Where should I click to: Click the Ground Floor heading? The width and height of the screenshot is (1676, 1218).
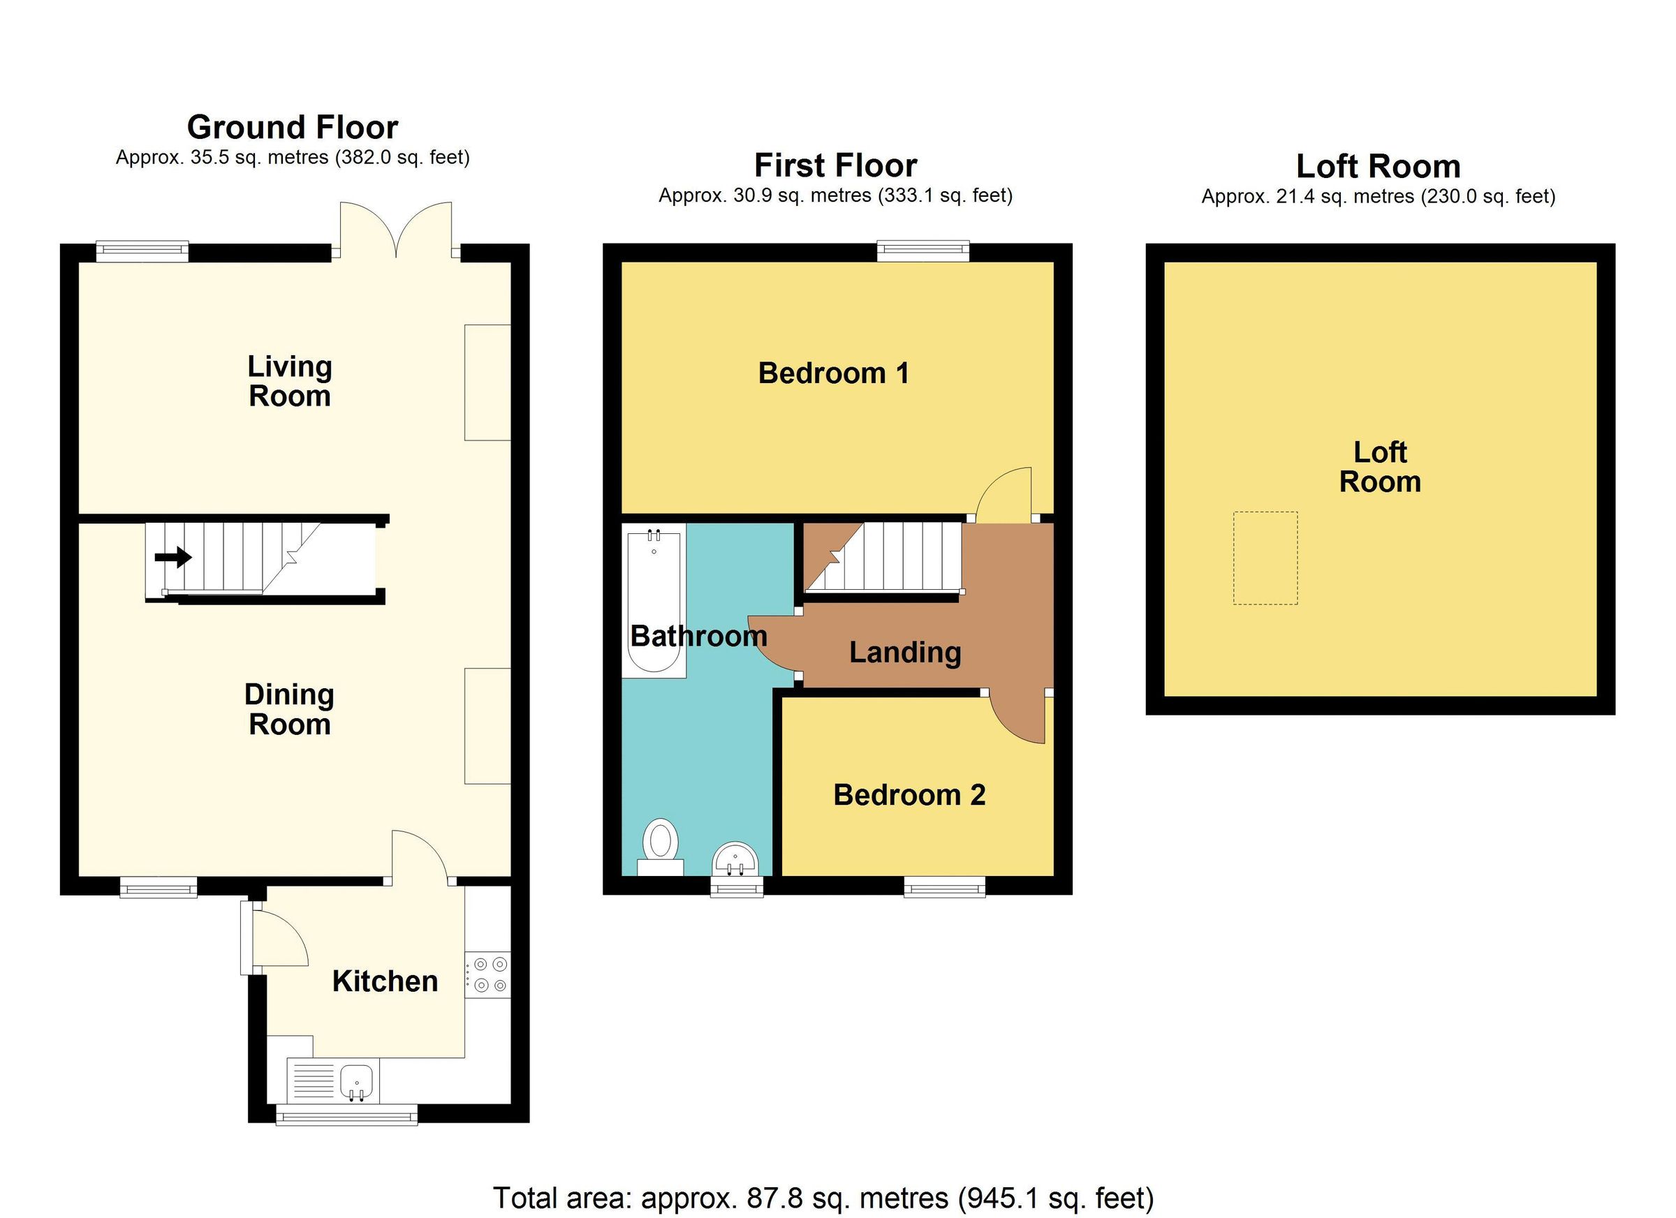tap(292, 127)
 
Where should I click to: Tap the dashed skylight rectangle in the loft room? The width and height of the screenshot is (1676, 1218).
tap(1265, 558)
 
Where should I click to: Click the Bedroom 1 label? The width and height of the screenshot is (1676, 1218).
tap(833, 373)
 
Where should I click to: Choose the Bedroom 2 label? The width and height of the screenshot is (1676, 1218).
tap(909, 795)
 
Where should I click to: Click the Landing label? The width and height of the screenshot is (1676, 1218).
tap(904, 652)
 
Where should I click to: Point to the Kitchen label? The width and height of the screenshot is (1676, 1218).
tap(384, 981)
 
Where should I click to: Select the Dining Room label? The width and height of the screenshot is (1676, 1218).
tap(289, 709)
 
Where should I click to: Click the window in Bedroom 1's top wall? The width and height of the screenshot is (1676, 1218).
tap(922, 251)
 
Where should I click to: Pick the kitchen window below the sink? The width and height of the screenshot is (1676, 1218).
tap(346, 1115)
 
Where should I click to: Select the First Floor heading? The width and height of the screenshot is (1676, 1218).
tap(835, 165)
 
